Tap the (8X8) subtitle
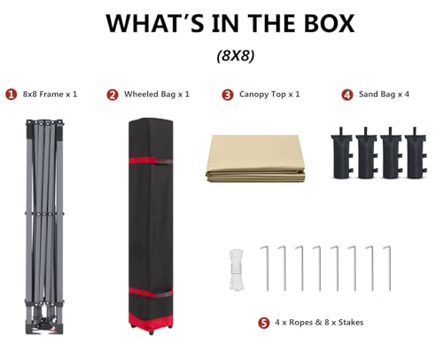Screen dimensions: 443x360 (236, 55)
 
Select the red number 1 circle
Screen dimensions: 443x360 (12, 95)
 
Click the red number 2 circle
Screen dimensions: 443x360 (113, 95)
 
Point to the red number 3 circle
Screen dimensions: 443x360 (228, 95)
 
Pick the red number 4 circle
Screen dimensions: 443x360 (347, 95)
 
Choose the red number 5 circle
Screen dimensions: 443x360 (264, 323)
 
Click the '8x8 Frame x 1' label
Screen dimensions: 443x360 (50, 94)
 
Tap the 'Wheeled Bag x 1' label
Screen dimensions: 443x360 (157, 94)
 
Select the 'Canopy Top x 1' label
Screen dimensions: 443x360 (269, 94)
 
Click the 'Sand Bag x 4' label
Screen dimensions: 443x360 (384, 94)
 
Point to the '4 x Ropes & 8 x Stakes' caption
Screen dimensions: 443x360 (319, 322)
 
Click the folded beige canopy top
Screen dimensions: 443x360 (255, 159)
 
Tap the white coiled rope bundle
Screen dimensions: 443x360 (237, 270)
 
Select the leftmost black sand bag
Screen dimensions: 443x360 (342, 153)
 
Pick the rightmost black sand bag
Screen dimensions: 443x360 (416, 153)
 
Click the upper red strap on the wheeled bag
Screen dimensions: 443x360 (151, 161)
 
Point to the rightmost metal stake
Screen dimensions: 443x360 (388, 268)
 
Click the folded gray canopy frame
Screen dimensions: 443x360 (44, 227)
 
